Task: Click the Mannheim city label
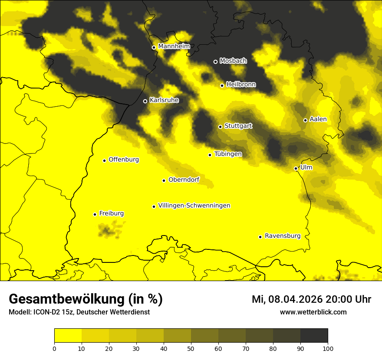pyautogui.click(x=174, y=46)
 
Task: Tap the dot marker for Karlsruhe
pyautogui.click(x=145, y=101)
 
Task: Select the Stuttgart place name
pyautogui.click(x=238, y=126)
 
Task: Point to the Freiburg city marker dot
pyautogui.click(x=95, y=214)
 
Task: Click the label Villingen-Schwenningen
pyautogui.click(x=194, y=206)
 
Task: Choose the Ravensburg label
pyautogui.click(x=283, y=236)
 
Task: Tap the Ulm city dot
pyautogui.click(x=296, y=168)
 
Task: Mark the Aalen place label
pyautogui.click(x=318, y=119)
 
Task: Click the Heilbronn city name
pyautogui.click(x=241, y=85)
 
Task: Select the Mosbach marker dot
pyautogui.click(x=215, y=62)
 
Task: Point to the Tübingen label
pyautogui.click(x=228, y=154)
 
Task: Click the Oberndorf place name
pyautogui.click(x=184, y=180)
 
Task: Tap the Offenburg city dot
pyautogui.click(x=104, y=160)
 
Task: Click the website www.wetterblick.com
pyautogui.click(x=313, y=312)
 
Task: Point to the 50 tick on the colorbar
pyautogui.click(x=191, y=348)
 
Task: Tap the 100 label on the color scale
pyautogui.click(x=328, y=348)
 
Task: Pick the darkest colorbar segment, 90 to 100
pyautogui.click(x=314, y=335)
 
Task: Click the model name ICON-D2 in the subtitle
pyautogui.click(x=45, y=312)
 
